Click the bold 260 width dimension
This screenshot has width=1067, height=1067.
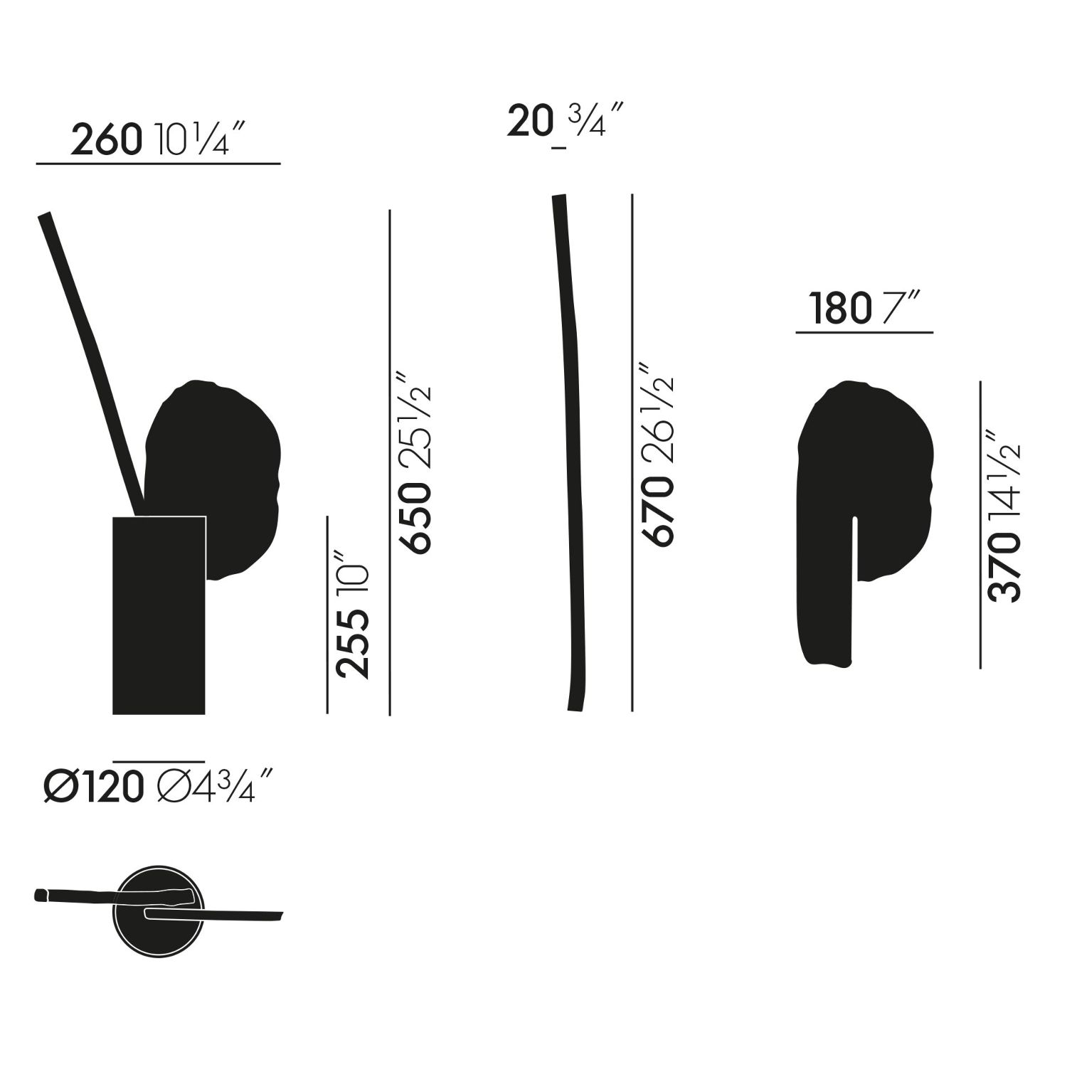pos(106,140)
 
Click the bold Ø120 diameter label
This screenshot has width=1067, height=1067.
pos(91,787)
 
